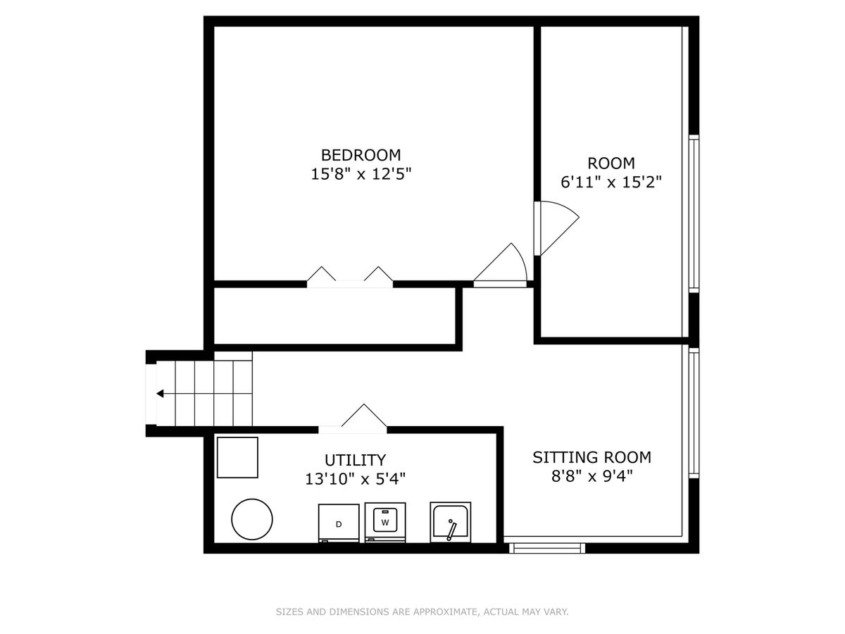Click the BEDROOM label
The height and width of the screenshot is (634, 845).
click(361, 155)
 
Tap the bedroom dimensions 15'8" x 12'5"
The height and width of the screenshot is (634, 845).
click(361, 174)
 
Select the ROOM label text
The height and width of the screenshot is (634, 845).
click(611, 163)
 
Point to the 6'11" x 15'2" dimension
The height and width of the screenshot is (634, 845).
click(611, 182)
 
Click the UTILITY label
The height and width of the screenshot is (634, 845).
click(355, 461)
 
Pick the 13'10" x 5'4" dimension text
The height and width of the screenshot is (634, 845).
click(355, 479)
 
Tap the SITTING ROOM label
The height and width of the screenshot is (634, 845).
click(591, 457)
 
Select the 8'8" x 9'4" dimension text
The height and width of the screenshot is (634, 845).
click(591, 477)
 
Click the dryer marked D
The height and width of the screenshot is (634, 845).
click(339, 523)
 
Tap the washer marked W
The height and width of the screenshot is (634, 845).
click(385, 522)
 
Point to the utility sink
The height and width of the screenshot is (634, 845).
click(451, 522)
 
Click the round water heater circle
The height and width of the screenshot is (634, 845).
click(252, 519)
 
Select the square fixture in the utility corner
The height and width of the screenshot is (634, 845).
click(237, 457)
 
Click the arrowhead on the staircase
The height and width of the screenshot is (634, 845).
click(160, 393)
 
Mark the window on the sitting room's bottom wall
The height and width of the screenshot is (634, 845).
click(547, 548)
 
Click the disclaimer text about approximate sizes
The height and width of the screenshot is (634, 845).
click(422, 611)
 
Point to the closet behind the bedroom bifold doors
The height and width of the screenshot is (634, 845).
click(335, 316)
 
